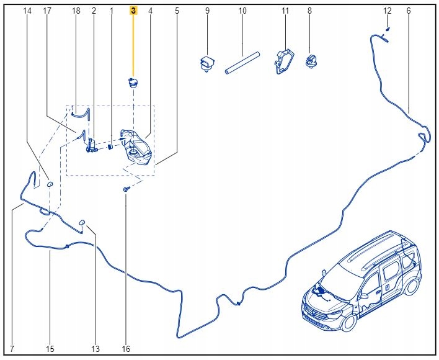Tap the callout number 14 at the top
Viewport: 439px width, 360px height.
point(27,11)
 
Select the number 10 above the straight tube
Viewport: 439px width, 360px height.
point(242,11)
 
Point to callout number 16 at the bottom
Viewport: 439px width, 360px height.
point(126,349)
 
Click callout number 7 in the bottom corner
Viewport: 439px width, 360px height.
point(12,349)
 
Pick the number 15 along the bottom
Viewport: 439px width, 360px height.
point(51,349)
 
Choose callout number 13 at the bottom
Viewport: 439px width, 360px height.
point(95,349)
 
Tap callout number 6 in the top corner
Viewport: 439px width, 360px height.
point(409,11)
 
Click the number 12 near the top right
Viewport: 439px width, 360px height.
point(388,11)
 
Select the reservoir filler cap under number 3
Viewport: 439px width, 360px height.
point(132,83)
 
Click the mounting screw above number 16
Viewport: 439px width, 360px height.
point(126,187)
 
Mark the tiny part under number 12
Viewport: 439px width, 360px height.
point(387,29)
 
